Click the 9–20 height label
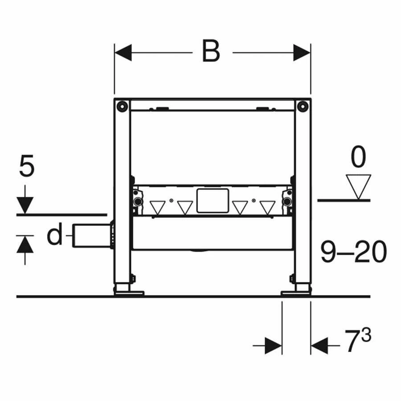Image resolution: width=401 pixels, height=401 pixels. [353, 253]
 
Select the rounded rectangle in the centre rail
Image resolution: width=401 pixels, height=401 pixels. [212, 200]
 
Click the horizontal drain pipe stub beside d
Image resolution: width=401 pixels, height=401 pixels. [92, 236]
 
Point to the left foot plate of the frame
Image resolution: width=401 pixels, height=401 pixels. [129, 293]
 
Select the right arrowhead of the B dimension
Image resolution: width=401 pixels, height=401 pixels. [302, 53]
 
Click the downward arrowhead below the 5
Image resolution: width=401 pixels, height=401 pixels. [25, 205]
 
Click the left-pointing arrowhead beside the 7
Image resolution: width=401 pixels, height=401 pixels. [319, 345]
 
